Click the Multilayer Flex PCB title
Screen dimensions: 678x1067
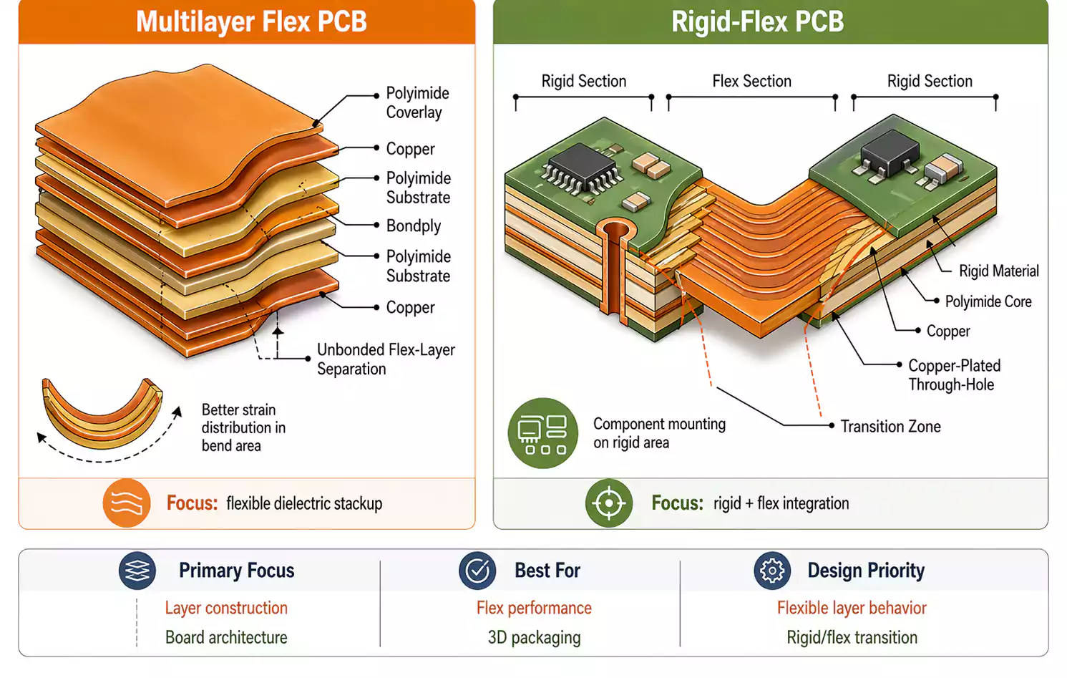point(251,21)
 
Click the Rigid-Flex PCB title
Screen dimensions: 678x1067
point(757,21)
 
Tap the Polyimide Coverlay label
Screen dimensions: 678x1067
point(417,102)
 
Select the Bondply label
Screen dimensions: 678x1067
point(413,226)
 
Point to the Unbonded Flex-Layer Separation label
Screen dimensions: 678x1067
point(386,359)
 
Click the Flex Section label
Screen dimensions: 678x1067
point(751,81)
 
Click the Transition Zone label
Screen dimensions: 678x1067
point(890,426)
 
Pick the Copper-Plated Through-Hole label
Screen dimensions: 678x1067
point(954,374)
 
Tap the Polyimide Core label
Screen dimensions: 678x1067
point(988,301)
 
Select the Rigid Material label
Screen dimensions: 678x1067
point(998,271)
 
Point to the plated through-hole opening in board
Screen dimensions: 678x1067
point(615,231)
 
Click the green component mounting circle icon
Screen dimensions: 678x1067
point(542,433)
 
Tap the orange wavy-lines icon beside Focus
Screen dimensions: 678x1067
point(127,503)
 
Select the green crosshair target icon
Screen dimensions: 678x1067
point(608,503)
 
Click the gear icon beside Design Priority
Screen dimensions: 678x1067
point(771,571)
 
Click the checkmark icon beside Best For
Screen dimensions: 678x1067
point(477,571)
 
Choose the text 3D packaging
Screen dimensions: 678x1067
point(534,637)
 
